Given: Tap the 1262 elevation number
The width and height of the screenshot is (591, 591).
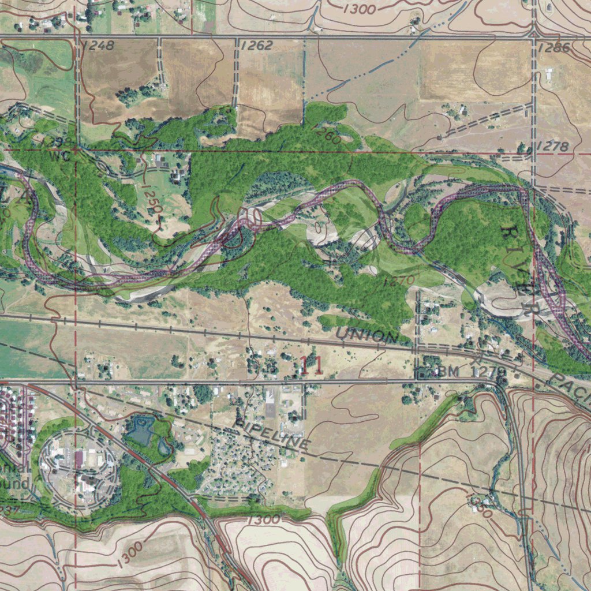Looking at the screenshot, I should (256, 46).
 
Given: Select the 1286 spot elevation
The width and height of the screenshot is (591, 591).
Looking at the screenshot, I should (554, 48).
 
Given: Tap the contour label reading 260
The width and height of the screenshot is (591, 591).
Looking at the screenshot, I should (329, 136).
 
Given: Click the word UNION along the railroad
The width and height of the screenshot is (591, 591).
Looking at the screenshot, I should (366, 335).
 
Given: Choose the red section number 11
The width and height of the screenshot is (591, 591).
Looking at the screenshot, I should (312, 365).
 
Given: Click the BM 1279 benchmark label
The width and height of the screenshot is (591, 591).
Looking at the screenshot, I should (472, 372).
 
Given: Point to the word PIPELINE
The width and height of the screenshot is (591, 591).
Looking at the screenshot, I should (272, 433).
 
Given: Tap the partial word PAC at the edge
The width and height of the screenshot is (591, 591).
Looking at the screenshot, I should (571, 390).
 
